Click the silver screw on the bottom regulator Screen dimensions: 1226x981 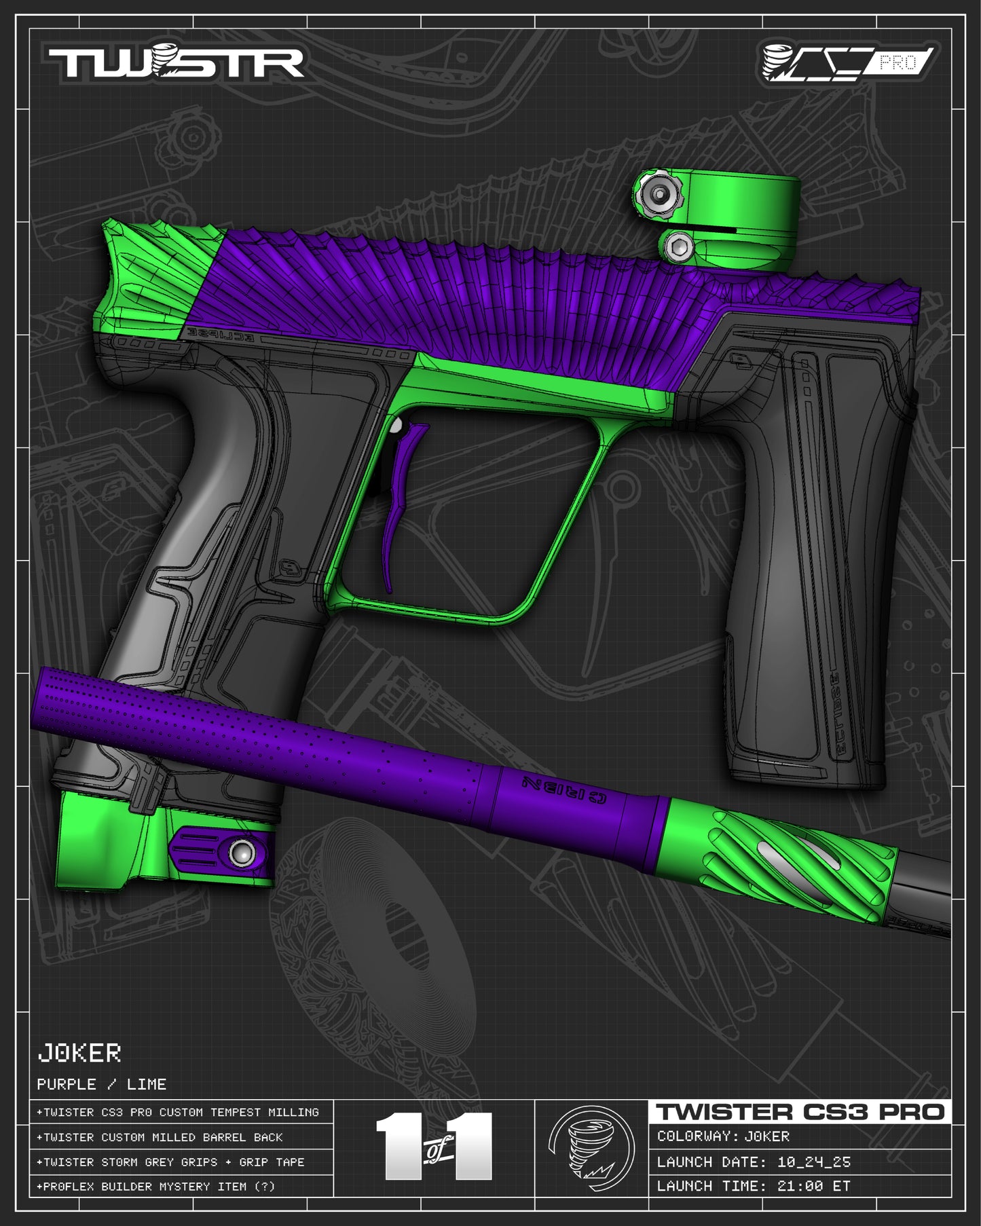coord(242,853)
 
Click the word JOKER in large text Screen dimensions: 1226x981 coord(79,1054)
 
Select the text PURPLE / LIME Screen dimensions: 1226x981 coord(102,1084)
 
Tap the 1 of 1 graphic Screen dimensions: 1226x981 coord(434,1147)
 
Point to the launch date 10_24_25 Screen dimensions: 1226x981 coord(813,1162)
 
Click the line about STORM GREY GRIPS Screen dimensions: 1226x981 coord(171,1162)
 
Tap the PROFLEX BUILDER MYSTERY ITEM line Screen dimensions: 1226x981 coord(156,1187)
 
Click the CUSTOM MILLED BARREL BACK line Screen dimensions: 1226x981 coord(160,1137)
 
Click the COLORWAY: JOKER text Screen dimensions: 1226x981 coord(724,1136)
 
